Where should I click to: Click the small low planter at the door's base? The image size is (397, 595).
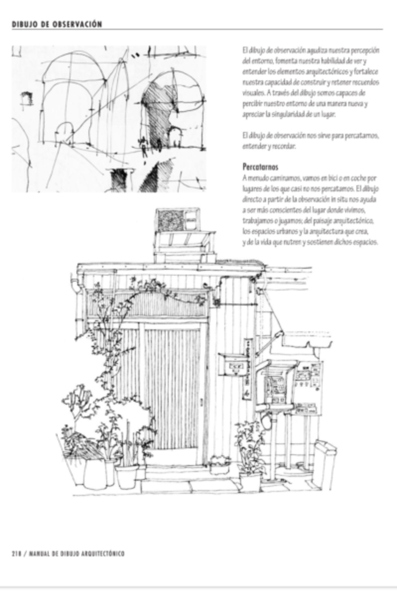click(x=219, y=464)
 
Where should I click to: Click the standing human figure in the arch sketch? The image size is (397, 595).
click(x=144, y=147)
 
